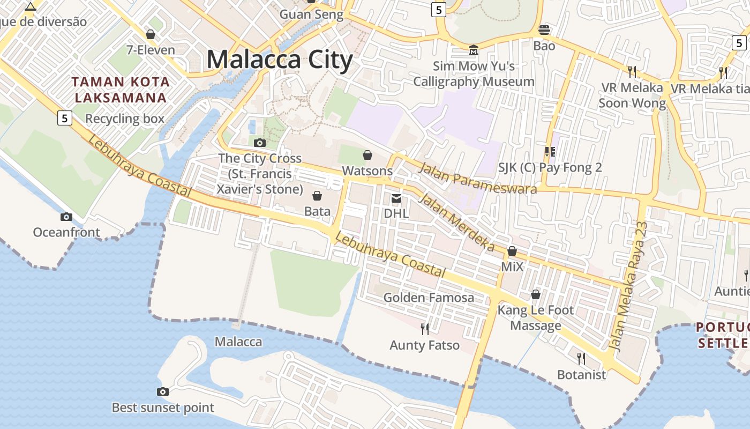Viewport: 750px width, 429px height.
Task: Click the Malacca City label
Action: pyautogui.click(x=279, y=60)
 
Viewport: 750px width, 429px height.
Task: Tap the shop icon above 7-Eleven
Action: pyautogui.click(x=151, y=34)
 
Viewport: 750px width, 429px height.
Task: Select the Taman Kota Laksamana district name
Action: pyautogui.click(x=121, y=90)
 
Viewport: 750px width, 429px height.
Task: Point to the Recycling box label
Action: pyautogui.click(x=125, y=119)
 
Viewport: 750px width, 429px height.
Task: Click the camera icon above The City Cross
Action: pyautogui.click(x=260, y=143)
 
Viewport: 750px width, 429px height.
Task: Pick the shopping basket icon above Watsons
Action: pyautogui.click(x=367, y=156)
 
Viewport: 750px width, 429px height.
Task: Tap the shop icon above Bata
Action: pyautogui.click(x=317, y=196)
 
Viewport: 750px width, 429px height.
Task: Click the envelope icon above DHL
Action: pyautogui.click(x=396, y=198)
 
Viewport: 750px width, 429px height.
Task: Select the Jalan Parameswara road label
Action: pyautogui.click(x=477, y=178)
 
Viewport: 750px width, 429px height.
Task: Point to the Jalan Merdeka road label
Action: pyautogui.click(x=456, y=223)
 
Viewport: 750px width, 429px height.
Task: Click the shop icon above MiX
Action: pyautogui.click(x=512, y=251)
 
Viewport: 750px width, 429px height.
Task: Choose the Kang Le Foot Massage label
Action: pyautogui.click(x=535, y=317)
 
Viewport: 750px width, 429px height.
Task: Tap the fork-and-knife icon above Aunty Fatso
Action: pyautogui.click(x=425, y=329)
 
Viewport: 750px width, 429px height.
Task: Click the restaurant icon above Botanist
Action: pyautogui.click(x=581, y=358)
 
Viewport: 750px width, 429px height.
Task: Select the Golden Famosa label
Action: pyautogui.click(x=429, y=297)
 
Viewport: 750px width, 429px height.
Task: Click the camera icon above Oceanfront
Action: pyautogui.click(x=66, y=217)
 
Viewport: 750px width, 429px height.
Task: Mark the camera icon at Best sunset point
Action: pyautogui.click(x=163, y=392)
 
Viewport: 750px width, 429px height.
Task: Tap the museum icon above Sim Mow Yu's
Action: pyautogui.click(x=474, y=50)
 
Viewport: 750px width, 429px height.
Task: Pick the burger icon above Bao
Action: pyautogui.click(x=544, y=29)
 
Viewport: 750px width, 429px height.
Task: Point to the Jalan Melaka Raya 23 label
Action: pyautogui.click(x=630, y=286)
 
